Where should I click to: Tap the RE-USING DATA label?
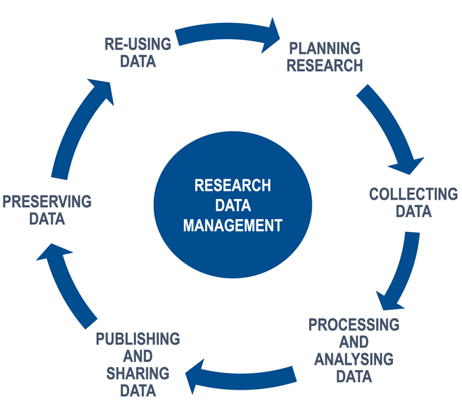tap(138, 53)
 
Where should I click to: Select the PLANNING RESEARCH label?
tap(325, 57)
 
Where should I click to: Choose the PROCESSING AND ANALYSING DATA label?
tap(354, 351)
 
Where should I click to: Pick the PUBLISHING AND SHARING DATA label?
tap(138, 364)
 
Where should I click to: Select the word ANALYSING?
tap(354, 359)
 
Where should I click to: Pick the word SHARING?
tap(138, 373)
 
